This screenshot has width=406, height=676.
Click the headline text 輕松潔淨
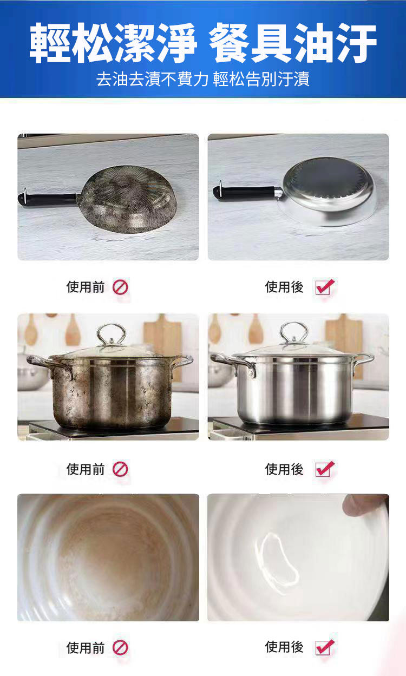click(113, 43)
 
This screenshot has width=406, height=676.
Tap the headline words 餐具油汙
click(293, 43)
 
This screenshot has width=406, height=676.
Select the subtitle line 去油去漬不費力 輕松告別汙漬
click(203, 79)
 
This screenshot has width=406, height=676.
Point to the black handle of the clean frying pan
click(245, 193)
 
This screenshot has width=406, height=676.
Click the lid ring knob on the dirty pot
click(111, 335)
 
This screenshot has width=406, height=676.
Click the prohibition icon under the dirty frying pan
click(120, 287)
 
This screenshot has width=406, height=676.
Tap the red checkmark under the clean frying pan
click(325, 287)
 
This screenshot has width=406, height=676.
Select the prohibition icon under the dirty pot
click(120, 469)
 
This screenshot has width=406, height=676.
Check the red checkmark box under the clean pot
click(325, 469)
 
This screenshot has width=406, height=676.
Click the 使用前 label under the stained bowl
click(86, 648)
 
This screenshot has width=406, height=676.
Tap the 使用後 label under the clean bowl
click(284, 647)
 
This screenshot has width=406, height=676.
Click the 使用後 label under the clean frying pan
click(284, 287)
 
